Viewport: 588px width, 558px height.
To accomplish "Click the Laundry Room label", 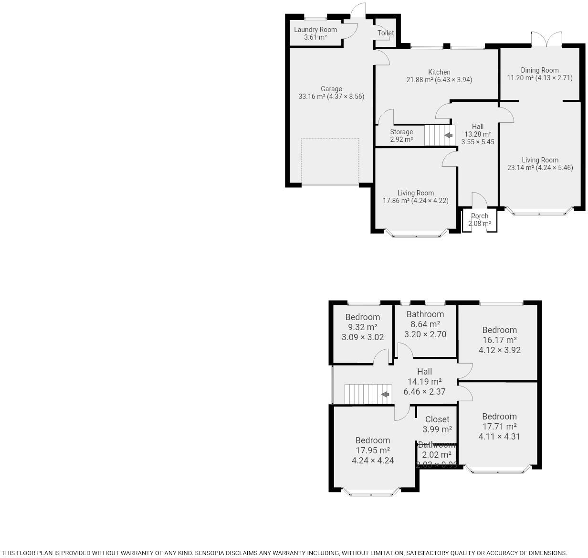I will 315,30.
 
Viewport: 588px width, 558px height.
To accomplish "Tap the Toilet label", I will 386,33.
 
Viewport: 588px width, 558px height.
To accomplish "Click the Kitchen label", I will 439,72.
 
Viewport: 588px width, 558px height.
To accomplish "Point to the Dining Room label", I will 539,70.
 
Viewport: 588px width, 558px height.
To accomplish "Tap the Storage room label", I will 401,132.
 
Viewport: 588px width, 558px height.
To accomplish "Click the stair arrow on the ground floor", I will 448,136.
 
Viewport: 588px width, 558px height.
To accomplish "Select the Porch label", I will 480,216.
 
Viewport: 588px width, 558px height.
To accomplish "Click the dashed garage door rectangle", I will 330,161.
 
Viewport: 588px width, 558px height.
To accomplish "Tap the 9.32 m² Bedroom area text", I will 363,327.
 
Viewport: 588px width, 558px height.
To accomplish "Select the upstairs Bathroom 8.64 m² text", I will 425,324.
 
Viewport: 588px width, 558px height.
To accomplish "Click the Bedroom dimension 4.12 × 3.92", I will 499,350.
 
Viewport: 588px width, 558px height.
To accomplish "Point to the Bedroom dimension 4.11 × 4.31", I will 499,436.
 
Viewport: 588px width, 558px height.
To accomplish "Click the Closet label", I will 437,419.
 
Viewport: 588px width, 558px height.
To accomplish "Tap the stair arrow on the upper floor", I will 385,395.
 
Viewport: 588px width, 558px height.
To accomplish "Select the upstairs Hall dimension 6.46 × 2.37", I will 424,392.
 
